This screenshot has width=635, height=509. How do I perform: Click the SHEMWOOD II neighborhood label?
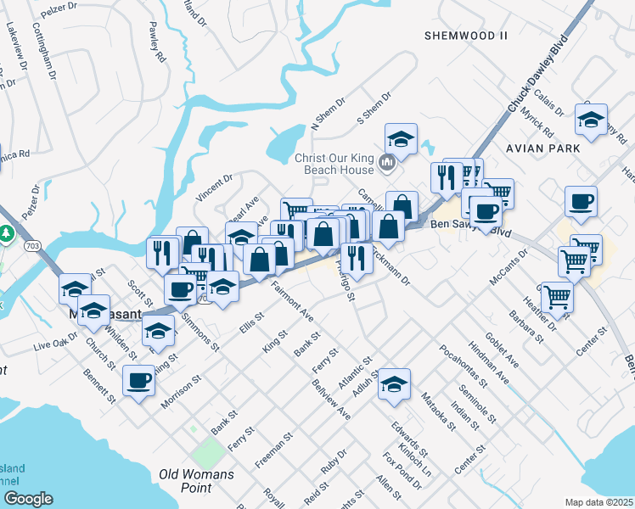[465, 35]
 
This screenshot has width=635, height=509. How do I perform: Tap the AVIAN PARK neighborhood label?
[542, 148]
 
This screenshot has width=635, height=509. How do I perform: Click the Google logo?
[28, 499]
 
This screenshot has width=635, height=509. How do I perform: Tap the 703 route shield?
[32, 246]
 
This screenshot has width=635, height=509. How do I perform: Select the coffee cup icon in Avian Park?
[581, 201]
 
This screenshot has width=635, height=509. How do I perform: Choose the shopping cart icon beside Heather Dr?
[557, 297]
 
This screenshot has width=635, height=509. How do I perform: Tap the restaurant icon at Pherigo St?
[357, 257]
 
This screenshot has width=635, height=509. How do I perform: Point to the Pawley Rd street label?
[155, 43]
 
